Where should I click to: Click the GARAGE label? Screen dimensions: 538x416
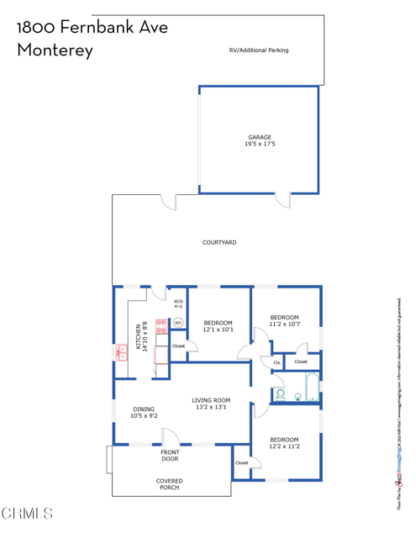[259, 137]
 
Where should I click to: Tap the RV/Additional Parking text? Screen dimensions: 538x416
[259, 50]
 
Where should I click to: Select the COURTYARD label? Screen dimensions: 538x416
[219, 242]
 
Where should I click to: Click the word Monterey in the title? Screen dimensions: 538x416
[55, 50]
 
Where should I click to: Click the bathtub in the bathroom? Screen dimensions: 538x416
[312, 388]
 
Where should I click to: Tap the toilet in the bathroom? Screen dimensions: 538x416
[281, 393]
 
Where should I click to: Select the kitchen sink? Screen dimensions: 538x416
[120, 354]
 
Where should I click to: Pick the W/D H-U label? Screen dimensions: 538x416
[178, 303]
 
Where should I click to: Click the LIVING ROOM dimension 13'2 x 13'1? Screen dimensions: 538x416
[211, 408]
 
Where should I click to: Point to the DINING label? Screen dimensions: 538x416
[144, 409]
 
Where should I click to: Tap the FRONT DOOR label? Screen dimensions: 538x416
[170, 456]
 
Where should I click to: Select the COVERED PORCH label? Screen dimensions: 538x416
[169, 485]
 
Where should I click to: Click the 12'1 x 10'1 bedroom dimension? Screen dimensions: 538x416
[218, 330]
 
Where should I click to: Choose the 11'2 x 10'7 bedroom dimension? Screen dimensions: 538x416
[284, 324]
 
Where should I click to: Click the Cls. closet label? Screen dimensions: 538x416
[276, 362]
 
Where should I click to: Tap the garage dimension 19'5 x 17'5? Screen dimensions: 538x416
[259, 145]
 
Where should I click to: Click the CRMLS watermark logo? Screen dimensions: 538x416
[27, 513]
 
